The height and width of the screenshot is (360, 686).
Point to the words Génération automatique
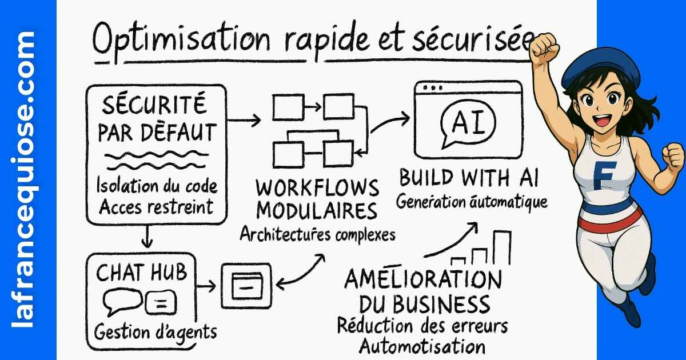click(x=472, y=202)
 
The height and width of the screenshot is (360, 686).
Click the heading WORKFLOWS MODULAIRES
click(x=317, y=199)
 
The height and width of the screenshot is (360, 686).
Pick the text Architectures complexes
click(x=317, y=234)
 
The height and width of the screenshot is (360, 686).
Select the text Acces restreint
click(x=155, y=207)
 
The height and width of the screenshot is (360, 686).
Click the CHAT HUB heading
click(x=141, y=273)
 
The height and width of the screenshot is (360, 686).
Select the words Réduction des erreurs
click(x=422, y=326)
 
